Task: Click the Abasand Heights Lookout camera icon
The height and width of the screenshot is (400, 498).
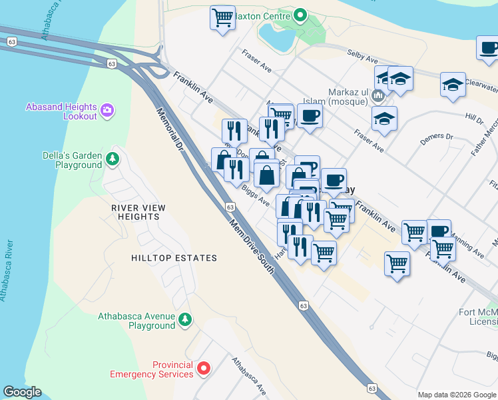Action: [x=108, y=109]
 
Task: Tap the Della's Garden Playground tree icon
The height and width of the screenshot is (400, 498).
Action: [x=113, y=159]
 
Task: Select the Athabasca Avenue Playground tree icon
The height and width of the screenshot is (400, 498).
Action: [x=186, y=320]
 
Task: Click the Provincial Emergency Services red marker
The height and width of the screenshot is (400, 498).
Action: [x=204, y=368]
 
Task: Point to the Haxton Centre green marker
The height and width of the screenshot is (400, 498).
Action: [x=300, y=15]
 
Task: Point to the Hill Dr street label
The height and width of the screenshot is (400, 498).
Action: [x=474, y=119]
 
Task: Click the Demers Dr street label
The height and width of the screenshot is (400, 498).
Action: [x=436, y=139]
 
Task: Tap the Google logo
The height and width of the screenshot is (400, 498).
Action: [x=22, y=392]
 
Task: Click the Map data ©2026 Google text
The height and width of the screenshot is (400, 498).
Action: [x=457, y=395]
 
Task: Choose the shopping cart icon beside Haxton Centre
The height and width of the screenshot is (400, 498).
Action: [x=222, y=17]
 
